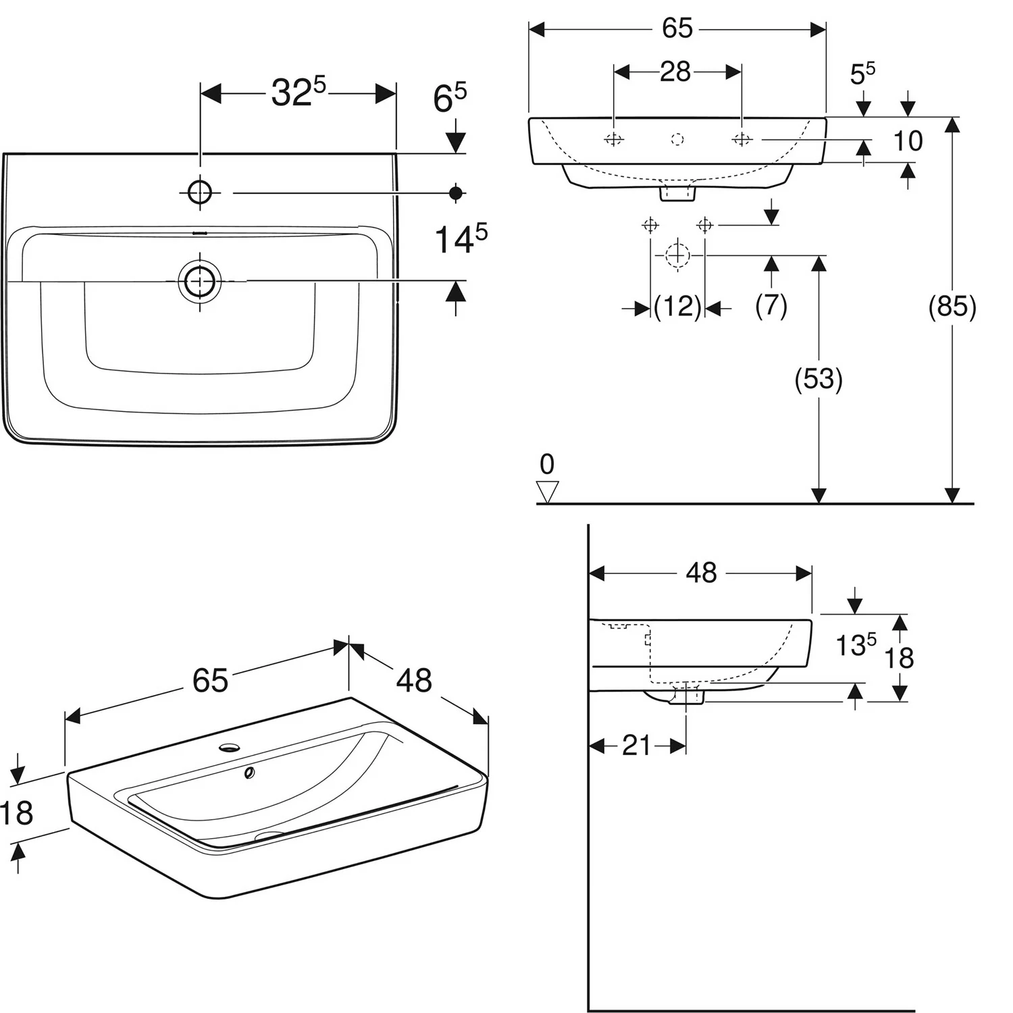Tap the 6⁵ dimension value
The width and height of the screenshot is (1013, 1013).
coord(450,99)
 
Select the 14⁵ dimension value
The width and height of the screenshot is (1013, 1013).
coord(461,238)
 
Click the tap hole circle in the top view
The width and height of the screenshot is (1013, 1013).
coord(200,192)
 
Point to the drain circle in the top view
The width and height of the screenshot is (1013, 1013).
coord(200,280)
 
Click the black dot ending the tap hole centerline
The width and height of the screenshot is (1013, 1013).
coord(457,193)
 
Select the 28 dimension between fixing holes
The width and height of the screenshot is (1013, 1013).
coord(675,71)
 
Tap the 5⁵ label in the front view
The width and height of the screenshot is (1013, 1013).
coord(862,74)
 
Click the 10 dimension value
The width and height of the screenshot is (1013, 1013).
coord(908,141)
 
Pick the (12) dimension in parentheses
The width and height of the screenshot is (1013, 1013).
coord(677,307)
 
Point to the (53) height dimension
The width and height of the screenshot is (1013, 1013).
coord(819,380)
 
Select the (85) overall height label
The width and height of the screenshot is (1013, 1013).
coord(952,307)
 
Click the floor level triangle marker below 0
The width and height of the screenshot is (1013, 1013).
coord(547,492)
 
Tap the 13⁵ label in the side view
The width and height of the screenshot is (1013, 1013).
coord(856,645)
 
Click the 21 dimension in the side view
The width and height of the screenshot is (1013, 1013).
coord(637,746)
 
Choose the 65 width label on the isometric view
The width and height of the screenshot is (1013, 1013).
coord(210,680)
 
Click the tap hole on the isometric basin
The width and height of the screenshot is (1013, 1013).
coord(230,748)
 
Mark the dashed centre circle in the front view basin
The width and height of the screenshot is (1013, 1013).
coord(677,139)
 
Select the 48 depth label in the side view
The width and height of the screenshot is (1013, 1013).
coord(701,573)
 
